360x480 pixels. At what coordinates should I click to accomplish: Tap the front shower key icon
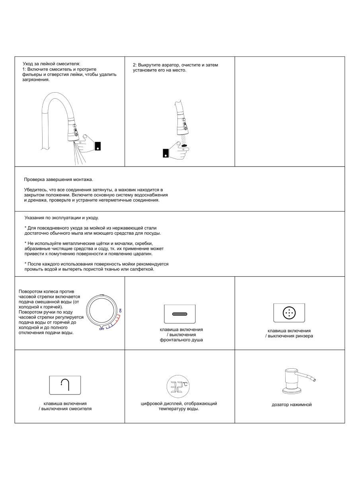[x=180, y=314]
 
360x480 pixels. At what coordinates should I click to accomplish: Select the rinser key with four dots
[x=289, y=313]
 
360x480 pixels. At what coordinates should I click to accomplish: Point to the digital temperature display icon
[x=177, y=386]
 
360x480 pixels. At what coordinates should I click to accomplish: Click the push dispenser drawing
[x=296, y=382]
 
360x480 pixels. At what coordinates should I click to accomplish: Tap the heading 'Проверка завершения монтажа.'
[x=58, y=179]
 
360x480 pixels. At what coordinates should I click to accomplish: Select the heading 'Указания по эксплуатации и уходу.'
[x=61, y=218]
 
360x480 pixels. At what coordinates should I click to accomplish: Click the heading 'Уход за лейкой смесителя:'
[x=51, y=64]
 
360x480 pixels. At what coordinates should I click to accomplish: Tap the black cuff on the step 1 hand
[x=98, y=146]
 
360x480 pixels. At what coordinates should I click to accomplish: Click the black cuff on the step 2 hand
[x=166, y=153]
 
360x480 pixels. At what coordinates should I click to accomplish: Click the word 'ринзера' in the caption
[x=303, y=336]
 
